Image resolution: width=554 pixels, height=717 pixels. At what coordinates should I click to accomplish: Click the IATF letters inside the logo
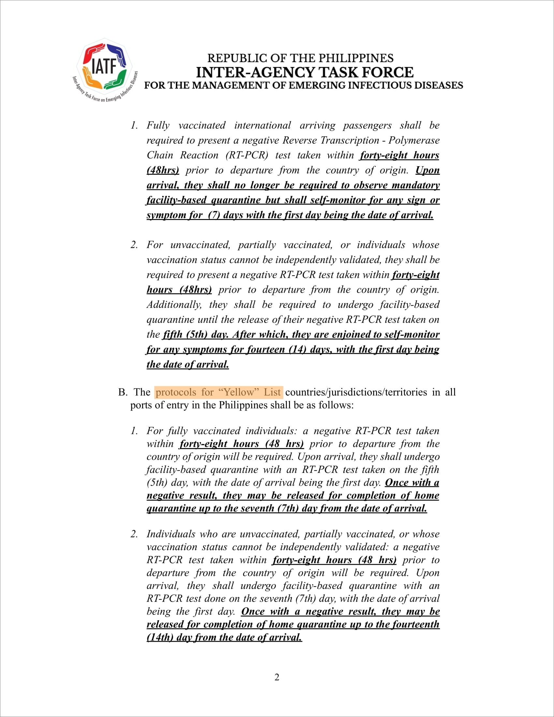(104, 66)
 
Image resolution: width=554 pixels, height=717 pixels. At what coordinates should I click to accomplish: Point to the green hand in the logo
(117, 80)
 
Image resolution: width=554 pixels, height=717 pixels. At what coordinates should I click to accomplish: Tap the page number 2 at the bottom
(277, 677)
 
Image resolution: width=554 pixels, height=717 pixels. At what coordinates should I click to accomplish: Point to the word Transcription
(350, 140)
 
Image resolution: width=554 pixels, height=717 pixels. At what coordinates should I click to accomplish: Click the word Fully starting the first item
(158, 125)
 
